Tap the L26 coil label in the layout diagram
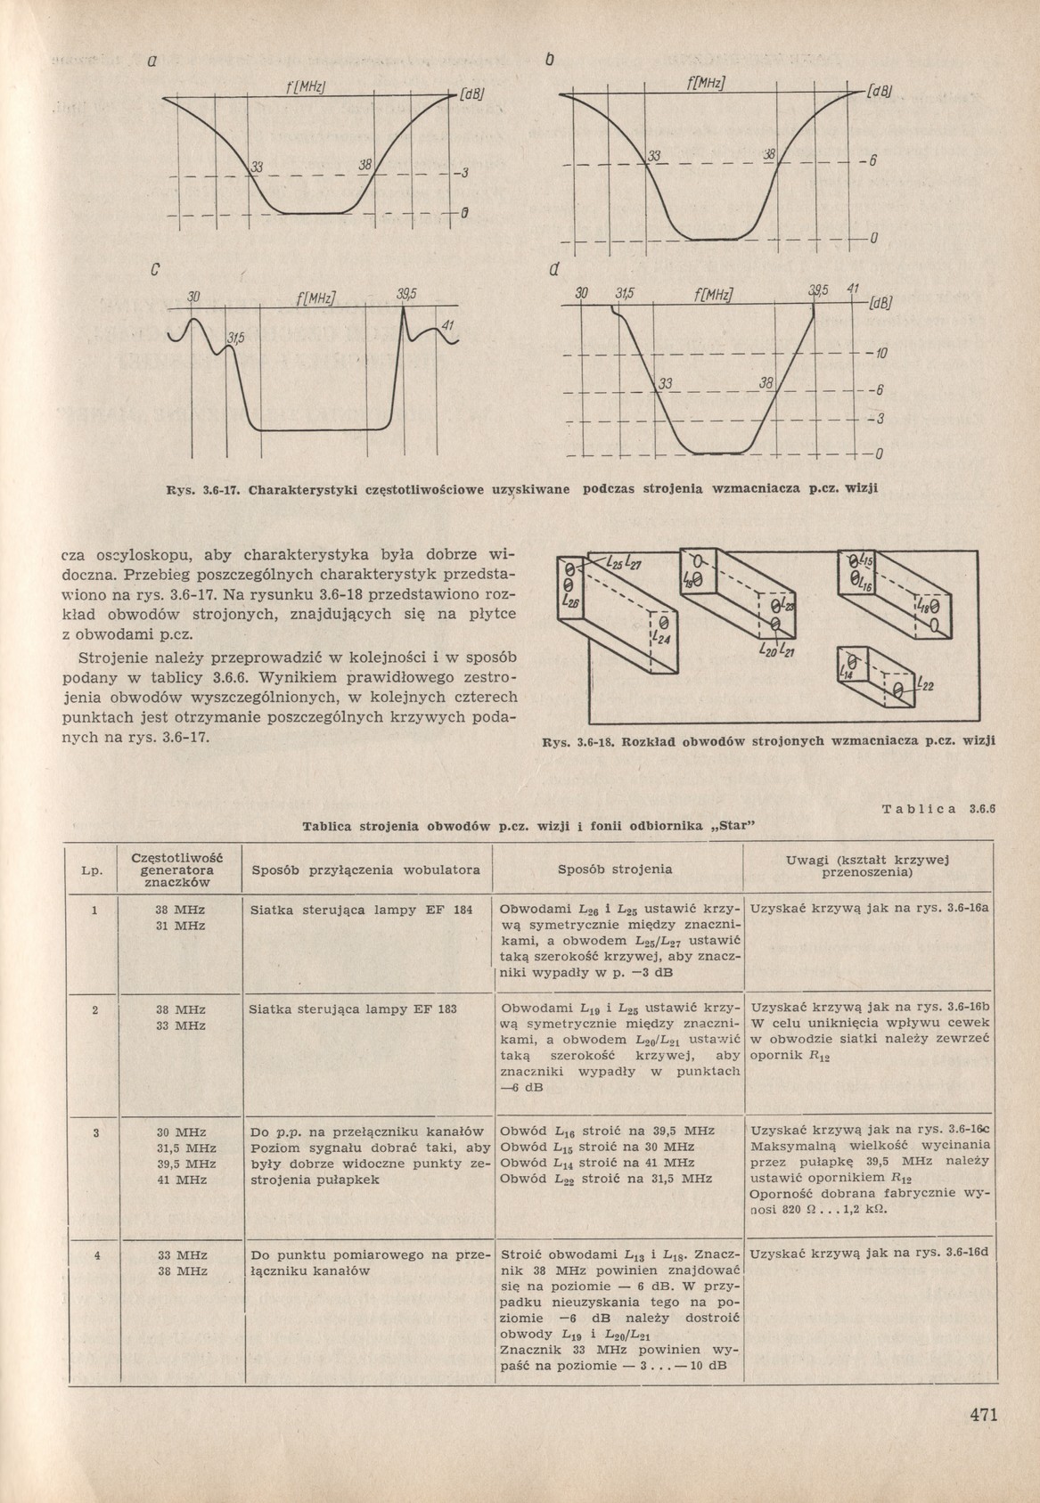point(571,603)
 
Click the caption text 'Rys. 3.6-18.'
point(580,740)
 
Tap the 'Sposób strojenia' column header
point(615,869)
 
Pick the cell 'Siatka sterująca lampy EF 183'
point(354,1009)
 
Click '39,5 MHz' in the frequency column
point(181,1164)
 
